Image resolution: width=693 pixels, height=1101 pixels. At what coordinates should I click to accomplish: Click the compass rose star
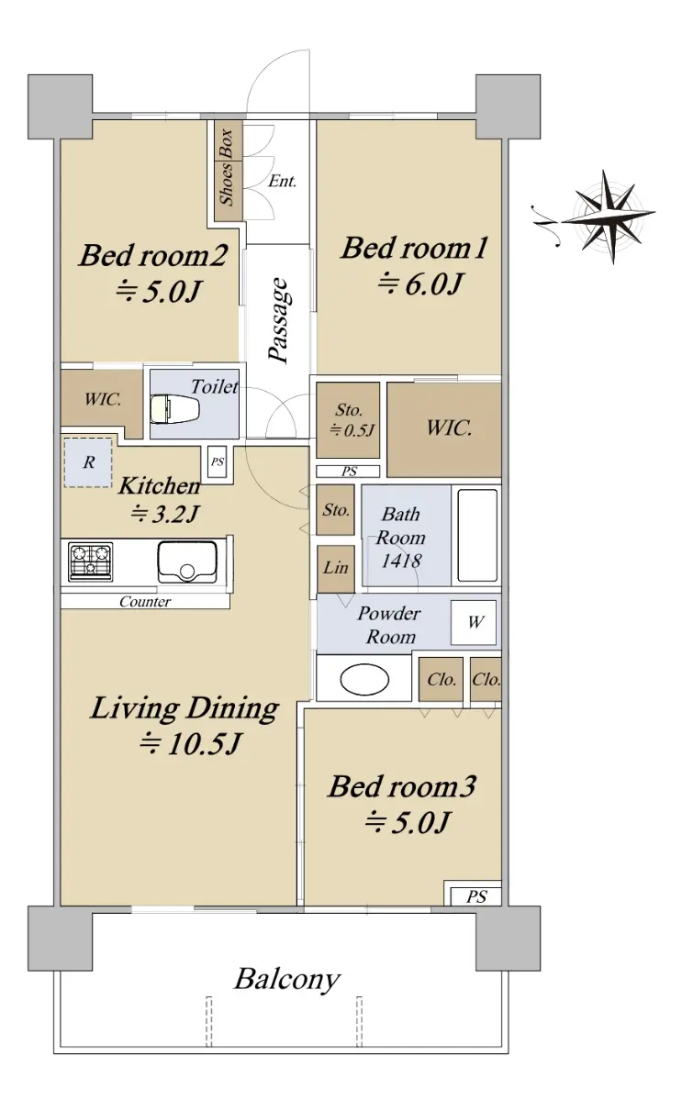pos(609,217)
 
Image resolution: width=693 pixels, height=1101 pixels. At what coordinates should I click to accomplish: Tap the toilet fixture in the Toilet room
pos(174,409)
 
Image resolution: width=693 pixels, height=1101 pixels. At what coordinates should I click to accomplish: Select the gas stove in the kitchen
pos(91,562)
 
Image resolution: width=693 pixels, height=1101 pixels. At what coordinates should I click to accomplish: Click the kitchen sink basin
pos(187,562)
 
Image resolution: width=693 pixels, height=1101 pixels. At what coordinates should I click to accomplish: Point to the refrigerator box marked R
pos(88,462)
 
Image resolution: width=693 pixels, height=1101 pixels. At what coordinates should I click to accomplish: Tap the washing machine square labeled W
pos(474,623)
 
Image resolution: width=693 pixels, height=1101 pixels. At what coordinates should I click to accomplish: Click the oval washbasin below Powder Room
pos(364,680)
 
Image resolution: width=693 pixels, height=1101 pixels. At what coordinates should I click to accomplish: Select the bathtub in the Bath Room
pos(477,535)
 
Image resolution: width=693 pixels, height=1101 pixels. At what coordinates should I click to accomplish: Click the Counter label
pos(145,602)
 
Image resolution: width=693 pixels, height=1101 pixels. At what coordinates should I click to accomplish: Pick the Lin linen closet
pos(335,569)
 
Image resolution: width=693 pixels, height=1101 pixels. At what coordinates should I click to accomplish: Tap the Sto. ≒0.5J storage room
pos(348,420)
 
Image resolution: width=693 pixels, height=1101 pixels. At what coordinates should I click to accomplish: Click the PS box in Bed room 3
pos(475,897)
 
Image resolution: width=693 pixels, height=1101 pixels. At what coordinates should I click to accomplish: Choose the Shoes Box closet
pos(229,171)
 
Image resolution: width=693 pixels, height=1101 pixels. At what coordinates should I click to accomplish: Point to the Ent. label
pos(283,182)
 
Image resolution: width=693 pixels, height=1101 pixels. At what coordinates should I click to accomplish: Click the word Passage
pos(279,320)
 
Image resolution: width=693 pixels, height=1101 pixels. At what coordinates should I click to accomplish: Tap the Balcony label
pos(287,980)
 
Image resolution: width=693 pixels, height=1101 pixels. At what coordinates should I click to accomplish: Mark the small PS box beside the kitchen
pos(217,462)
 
